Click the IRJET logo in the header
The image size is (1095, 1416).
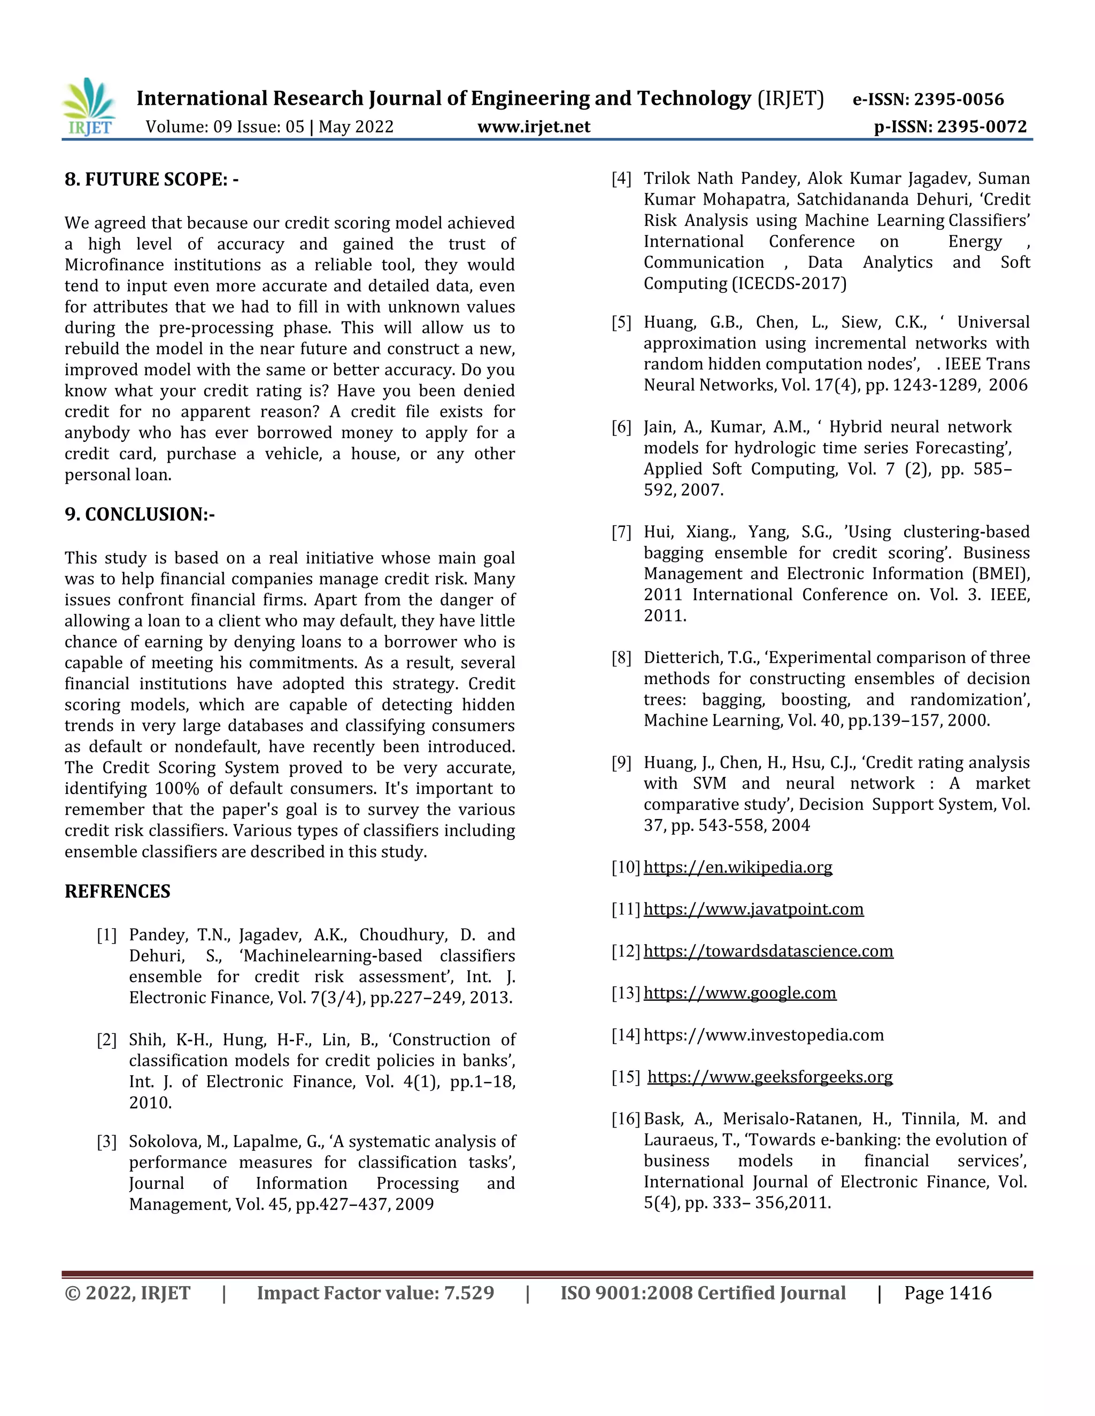click(89, 107)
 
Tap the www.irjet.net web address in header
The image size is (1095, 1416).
click(534, 127)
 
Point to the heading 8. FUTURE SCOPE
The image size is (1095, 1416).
click(151, 179)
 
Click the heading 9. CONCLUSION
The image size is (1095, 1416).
click(140, 514)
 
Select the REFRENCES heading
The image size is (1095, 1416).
click(118, 891)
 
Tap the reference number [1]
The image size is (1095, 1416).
click(107, 935)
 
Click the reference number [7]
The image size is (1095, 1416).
click(621, 532)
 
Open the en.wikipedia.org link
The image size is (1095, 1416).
click(737, 867)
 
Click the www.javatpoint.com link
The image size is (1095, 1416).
click(753, 909)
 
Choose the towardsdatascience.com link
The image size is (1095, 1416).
click(768, 951)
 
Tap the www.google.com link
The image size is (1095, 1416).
click(739, 993)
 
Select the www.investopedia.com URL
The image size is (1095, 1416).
click(764, 1035)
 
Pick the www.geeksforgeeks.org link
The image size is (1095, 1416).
click(770, 1077)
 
